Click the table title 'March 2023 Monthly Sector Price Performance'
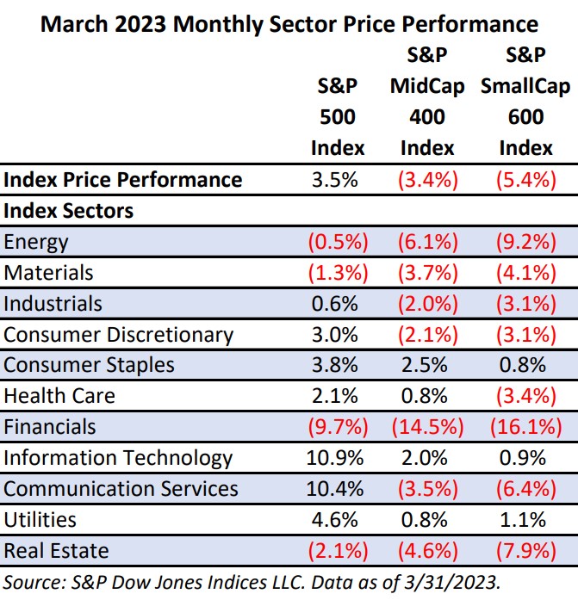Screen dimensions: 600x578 [289, 22]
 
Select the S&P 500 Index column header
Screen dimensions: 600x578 [338, 117]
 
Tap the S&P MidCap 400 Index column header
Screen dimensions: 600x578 [428, 102]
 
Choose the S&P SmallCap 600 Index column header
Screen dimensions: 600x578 [525, 102]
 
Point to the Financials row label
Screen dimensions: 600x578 [50, 426]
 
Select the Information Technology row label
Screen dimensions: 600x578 [118, 457]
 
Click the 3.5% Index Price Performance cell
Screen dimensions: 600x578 [338, 179]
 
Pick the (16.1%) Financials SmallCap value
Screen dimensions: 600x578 [525, 426]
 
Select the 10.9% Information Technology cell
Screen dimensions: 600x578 [338, 457]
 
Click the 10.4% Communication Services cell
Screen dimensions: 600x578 [338, 488]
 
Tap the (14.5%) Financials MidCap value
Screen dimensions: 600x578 [428, 426]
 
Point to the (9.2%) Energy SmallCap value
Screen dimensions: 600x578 [525, 241]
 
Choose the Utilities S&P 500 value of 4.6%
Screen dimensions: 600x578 [338, 519]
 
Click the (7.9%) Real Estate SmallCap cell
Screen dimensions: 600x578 [525, 550]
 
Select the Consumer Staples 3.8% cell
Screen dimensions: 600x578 [338, 364]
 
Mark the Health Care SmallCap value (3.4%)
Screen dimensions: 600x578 [525, 395]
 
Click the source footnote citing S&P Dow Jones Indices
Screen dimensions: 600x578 [258, 581]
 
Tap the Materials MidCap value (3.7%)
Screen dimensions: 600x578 [428, 272]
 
